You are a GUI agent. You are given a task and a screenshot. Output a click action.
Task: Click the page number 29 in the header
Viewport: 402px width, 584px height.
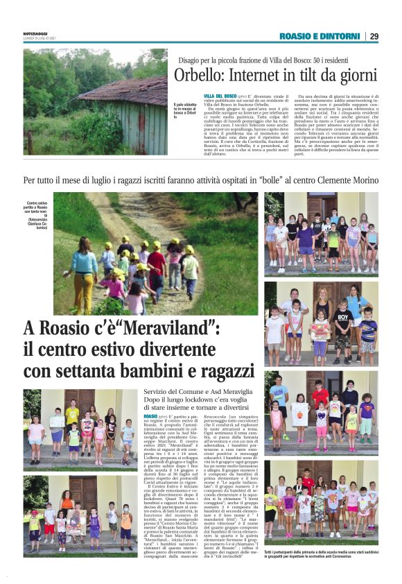(x=374, y=36)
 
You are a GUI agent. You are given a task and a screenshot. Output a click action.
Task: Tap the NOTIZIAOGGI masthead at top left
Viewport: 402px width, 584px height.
(x=35, y=33)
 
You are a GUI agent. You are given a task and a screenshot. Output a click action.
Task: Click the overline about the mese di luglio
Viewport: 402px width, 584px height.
(x=200, y=180)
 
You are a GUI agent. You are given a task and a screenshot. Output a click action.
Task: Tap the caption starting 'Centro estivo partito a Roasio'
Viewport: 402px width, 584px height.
(x=37, y=212)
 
